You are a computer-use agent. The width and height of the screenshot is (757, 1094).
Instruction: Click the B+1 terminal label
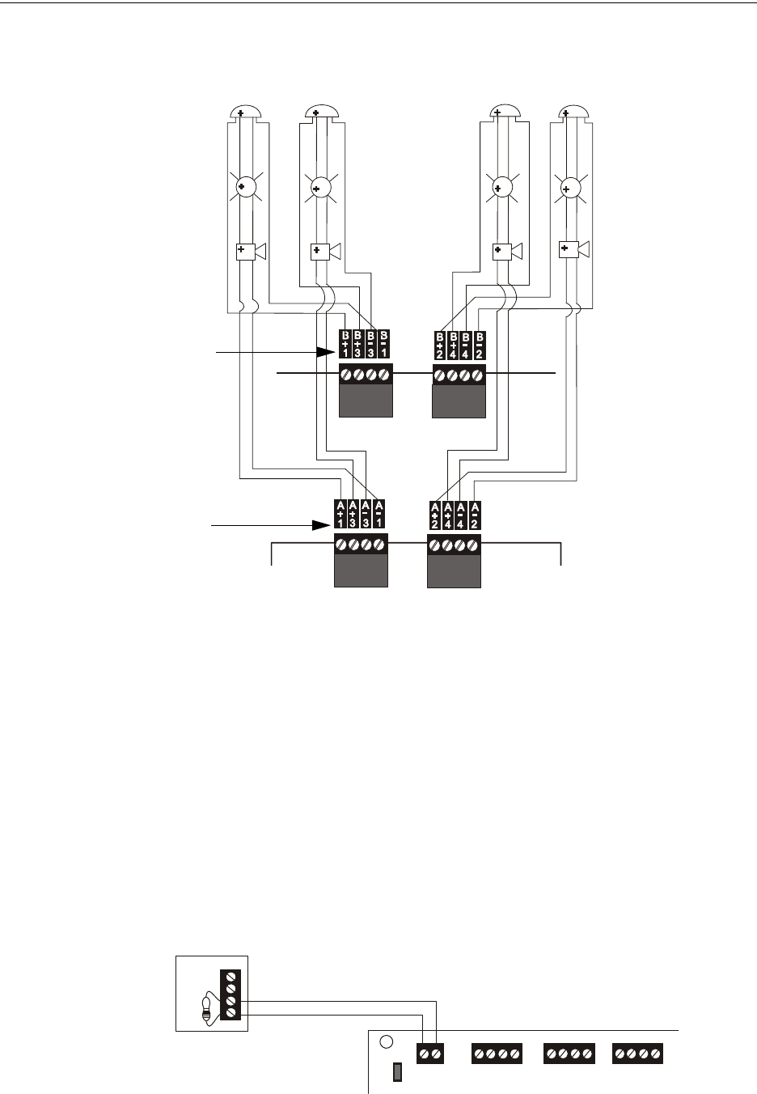point(345,345)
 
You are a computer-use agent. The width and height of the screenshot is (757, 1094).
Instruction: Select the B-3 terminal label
point(371,345)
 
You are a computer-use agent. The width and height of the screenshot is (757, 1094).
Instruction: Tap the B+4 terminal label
point(453,345)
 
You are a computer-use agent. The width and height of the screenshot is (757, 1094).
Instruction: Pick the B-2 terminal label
point(479,345)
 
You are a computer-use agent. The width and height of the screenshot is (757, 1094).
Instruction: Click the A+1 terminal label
point(340,514)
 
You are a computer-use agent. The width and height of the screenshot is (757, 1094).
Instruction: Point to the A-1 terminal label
point(378,514)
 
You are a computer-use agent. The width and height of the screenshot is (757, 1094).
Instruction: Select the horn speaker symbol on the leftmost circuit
point(248,252)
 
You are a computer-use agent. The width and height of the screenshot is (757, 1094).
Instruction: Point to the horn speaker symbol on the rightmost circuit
point(573,248)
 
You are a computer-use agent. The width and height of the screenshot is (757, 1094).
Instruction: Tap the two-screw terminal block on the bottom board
point(429,1054)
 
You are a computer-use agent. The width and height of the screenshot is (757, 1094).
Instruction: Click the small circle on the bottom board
point(387,1042)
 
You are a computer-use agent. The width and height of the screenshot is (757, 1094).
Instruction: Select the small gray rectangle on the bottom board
point(397,1073)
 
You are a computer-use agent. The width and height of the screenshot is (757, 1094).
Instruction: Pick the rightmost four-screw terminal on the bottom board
point(639,1054)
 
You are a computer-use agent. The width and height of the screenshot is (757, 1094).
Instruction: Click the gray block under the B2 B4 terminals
point(459,401)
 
